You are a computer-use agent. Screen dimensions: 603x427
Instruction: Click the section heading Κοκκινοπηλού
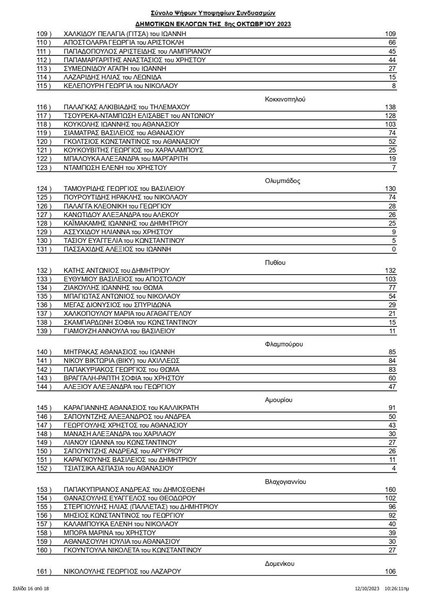click(285, 99)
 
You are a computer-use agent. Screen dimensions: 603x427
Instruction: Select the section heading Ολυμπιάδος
click(283, 180)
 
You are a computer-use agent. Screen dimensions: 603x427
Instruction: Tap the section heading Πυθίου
click(275, 263)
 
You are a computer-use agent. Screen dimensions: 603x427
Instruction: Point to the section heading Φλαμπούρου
click(284, 344)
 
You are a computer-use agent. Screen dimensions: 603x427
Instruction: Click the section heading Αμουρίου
click(278, 400)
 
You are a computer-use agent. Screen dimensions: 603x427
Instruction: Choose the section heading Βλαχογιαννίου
click(286, 482)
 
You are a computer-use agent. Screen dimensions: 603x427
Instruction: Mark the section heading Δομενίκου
click(280, 564)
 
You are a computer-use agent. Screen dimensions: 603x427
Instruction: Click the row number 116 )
click(44, 107)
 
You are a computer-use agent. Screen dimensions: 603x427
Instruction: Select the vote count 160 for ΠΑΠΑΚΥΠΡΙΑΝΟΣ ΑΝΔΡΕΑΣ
click(390, 490)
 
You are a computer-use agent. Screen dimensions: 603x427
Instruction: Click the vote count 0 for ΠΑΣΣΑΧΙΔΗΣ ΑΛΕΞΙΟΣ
click(394, 249)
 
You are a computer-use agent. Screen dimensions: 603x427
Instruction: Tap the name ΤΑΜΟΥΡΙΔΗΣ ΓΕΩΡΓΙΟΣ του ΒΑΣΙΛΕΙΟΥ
click(124, 189)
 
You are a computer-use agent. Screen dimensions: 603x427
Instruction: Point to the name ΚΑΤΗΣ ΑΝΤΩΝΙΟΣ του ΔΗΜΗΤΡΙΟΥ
click(117, 271)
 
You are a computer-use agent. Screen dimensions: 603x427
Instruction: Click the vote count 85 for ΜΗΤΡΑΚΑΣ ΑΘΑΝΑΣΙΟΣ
click(392, 352)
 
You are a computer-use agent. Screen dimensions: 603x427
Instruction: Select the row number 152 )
click(44, 468)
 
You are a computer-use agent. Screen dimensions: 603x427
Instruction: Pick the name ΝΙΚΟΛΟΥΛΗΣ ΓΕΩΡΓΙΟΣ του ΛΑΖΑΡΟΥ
click(122, 571)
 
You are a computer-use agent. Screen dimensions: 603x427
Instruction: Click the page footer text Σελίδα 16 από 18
click(31, 589)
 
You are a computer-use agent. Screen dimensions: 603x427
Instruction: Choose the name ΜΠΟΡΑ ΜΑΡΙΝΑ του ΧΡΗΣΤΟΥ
click(110, 533)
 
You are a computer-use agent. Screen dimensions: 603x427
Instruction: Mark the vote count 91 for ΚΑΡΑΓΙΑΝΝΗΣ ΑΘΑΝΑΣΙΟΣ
click(392, 408)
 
